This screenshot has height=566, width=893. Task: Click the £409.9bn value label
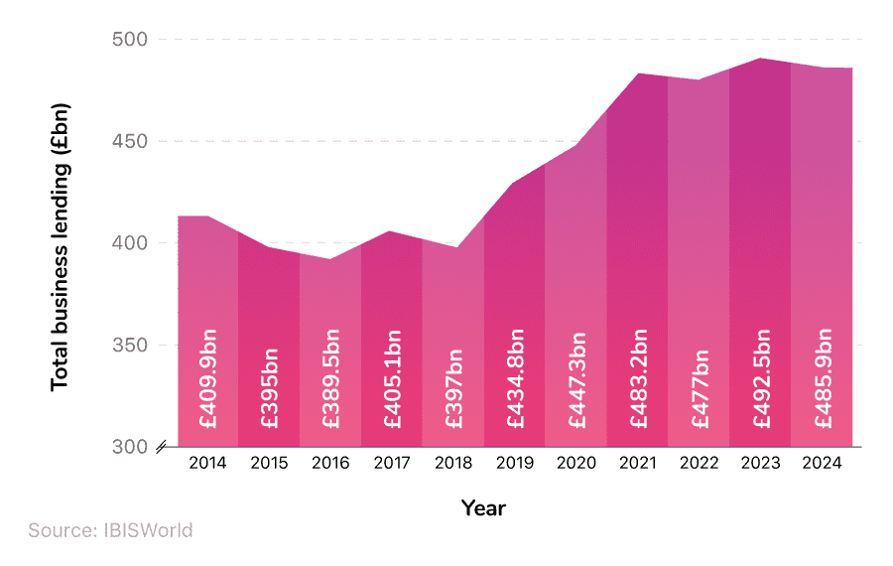[208, 377]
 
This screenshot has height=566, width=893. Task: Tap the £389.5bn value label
[331, 377]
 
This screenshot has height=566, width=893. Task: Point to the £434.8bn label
[515, 377]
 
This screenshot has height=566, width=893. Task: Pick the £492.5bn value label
[761, 377]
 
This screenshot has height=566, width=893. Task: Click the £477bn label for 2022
[700, 387]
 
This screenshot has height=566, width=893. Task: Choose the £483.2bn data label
[638, 377]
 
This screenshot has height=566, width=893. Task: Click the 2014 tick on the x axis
[207, 463]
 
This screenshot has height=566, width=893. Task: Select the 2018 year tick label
[453, 463]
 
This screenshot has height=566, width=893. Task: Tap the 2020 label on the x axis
[576, 463]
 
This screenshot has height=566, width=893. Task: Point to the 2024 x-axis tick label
[822, 463]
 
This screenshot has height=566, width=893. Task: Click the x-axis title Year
[483, 508]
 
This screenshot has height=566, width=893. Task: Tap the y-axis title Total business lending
[60, 244]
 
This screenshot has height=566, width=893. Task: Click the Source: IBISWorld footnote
[110, 530]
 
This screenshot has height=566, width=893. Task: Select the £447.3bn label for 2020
[576, 377]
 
